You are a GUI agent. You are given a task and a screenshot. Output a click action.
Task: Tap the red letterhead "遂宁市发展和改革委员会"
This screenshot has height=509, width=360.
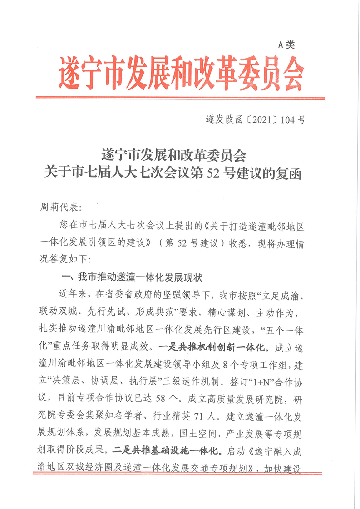[180, 73]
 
